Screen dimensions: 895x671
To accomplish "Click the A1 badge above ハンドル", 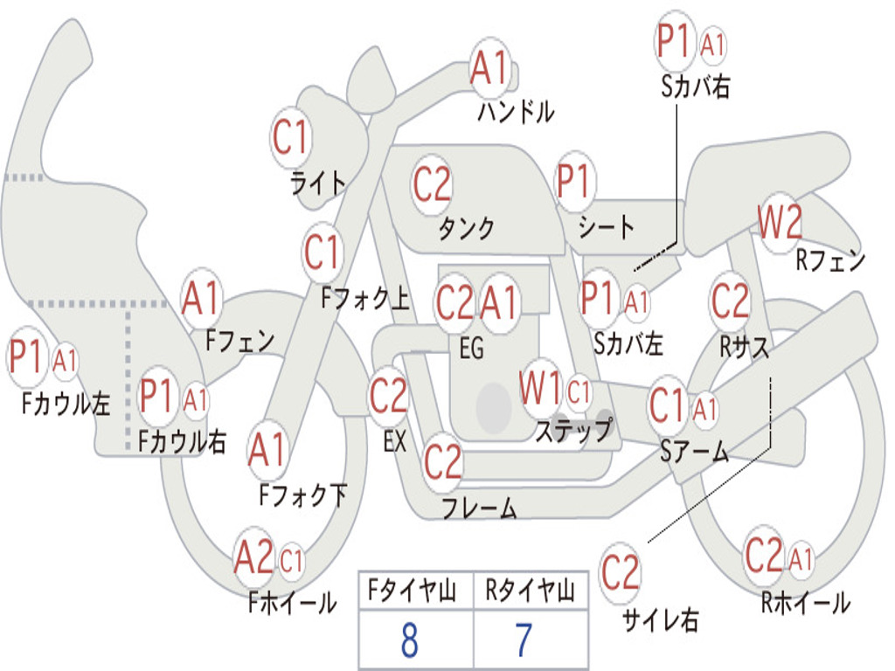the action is [489, 67].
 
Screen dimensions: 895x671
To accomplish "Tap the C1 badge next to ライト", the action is [291, 137].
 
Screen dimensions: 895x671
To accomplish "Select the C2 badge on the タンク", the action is [432, 184].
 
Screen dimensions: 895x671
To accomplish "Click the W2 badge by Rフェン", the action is [779, 224].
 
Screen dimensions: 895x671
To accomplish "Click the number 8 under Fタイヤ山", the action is [408, 641].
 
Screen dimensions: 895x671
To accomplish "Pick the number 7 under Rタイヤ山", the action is [524, 641].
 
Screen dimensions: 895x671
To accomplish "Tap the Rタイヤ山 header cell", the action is [530, 593].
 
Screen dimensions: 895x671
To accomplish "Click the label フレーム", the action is [479, 508].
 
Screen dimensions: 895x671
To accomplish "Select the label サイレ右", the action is [660, 620].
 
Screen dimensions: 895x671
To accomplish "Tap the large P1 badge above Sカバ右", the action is [675, 41].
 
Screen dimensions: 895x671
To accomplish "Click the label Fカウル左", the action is [66, 403].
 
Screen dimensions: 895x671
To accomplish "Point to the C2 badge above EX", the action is [388, 397].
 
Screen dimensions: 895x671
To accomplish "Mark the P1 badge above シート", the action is [573, 183].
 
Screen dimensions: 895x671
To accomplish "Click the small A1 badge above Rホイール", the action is [801, 558].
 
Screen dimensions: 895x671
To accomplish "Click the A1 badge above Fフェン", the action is [202, 299].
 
